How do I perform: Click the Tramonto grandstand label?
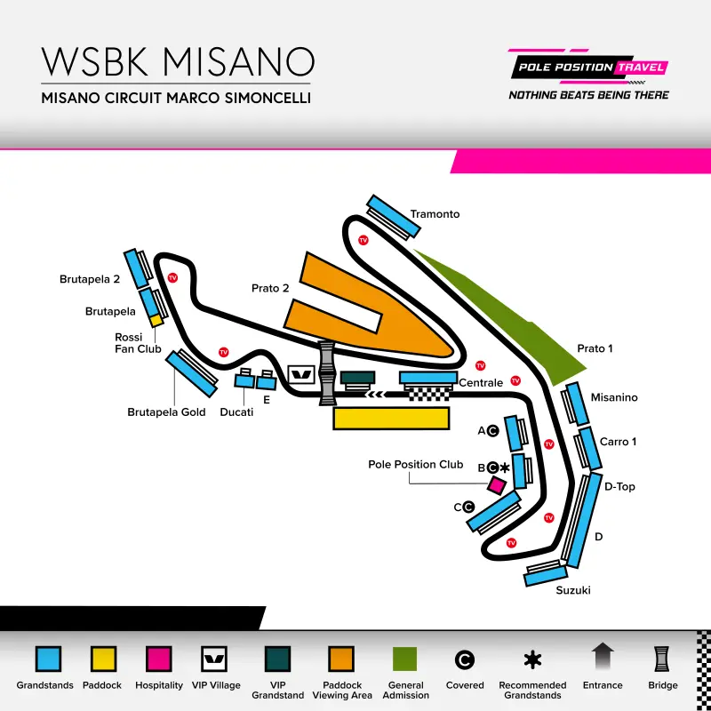tap(435, 214)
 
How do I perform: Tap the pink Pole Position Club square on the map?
tap(497, 485)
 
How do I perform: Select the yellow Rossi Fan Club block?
tap(155, 319)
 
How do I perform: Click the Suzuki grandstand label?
tap(573, 590)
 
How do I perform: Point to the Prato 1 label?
tap(595, 348)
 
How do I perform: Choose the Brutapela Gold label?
tap(166, 411)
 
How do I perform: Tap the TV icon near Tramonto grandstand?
tap(363, 240)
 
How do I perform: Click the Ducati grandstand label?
tap(236, 412)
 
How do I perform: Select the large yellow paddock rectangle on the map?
tap(391, 419)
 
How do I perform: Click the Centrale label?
tap(481, 383)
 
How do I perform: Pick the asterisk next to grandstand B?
tap(505, 467)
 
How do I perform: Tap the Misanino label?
tap(614, 397)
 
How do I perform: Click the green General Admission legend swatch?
tap(406, 659)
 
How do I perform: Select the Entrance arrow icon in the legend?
tap(603, 658)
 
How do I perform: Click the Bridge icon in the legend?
tap(662, 659)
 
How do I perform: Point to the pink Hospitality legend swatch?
tap(159, 659)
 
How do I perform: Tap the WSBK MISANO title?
tap(178, 61)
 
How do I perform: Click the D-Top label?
tap(619, 486)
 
